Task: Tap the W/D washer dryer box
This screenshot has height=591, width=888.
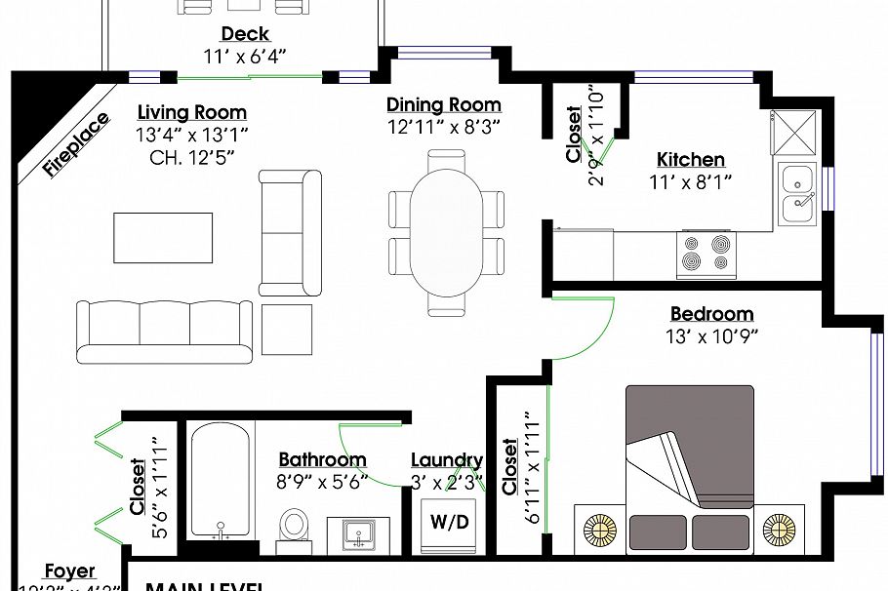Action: point(450,523)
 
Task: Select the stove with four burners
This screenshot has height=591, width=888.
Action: point(706,254)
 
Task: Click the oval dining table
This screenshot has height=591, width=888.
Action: point(446,231)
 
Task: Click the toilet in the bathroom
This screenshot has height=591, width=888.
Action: point(293,525)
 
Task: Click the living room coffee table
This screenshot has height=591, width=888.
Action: point(163,237)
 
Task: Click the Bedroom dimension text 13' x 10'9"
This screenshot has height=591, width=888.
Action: point(711,336)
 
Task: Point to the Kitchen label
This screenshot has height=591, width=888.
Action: point(690,160)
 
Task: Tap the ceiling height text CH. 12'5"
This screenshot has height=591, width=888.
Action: point(192,155)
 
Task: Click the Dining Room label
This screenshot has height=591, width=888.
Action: point(444,105)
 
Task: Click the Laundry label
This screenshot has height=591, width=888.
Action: point(447,460)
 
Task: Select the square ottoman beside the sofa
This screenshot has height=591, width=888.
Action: point(286,331)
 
